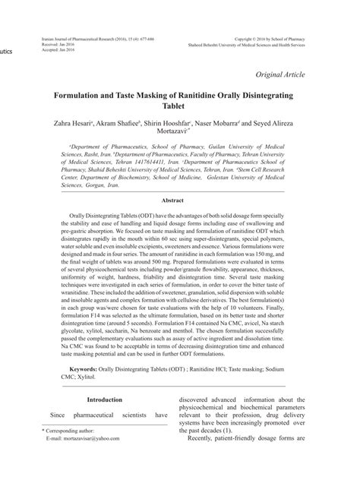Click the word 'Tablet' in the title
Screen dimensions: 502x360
coord(181,109)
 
